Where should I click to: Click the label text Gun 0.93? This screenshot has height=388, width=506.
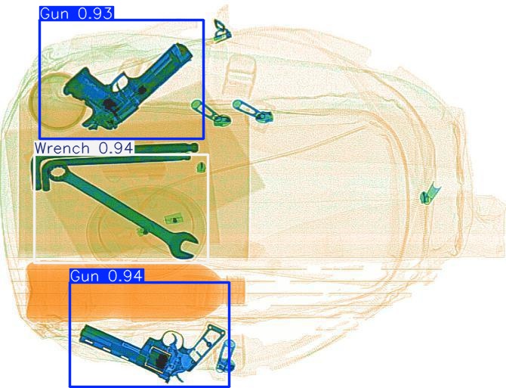pos(77,14)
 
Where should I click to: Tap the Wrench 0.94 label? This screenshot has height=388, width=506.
pos(84,148)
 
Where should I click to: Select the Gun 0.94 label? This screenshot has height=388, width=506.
pos(106,276)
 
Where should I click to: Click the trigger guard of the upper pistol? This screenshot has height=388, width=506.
pos(121,82)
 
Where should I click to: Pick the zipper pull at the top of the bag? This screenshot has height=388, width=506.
pos(222,33)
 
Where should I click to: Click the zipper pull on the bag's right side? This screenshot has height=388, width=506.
pos(429,194)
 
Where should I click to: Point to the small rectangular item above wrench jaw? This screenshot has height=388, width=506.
pos(174,220)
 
